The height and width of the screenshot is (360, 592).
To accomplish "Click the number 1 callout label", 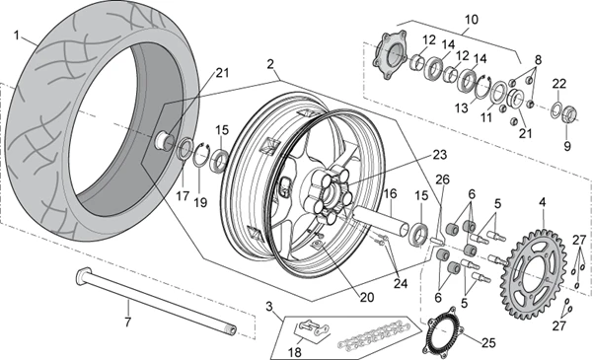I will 17,36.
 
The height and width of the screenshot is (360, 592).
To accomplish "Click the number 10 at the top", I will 470,18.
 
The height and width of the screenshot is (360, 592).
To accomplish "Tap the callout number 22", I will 558,83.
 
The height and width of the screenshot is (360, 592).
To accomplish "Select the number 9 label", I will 566,145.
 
